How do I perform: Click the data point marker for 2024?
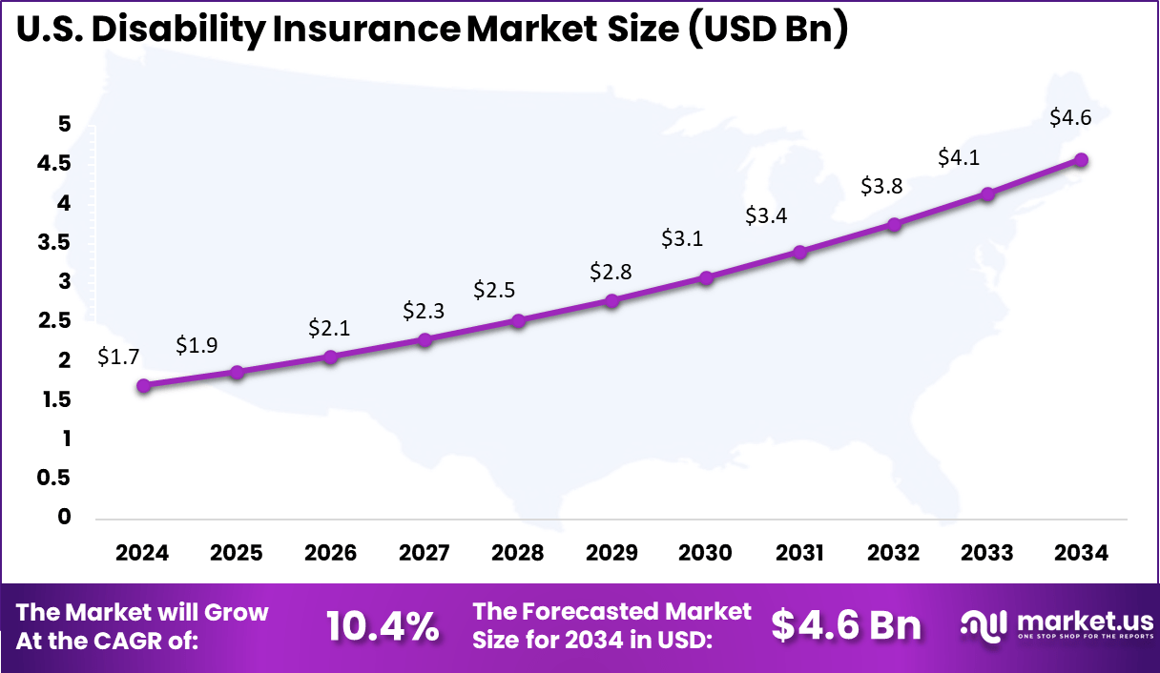click(x=144, y=385)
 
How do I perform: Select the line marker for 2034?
click(x=1081, y=160)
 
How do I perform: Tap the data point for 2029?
click(x=612, y=300)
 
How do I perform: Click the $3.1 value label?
click(x=682, y=238)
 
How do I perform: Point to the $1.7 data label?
click(x=118, y=357)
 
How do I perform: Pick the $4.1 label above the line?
click(x=958, y=157)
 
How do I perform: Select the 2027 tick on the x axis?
click(x=424, y=553)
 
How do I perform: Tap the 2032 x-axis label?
click(x=893, y=553)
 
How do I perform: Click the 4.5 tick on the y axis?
click(x=53, y=163)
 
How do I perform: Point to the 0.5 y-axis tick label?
click(x=53, y=478)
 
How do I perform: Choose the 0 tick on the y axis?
click(x=65, y=517)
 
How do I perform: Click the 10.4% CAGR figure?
click(x=383, y=626)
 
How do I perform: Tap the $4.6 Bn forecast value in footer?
click(x=846, y=625)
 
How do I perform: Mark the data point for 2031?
click(x=799, y=252)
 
